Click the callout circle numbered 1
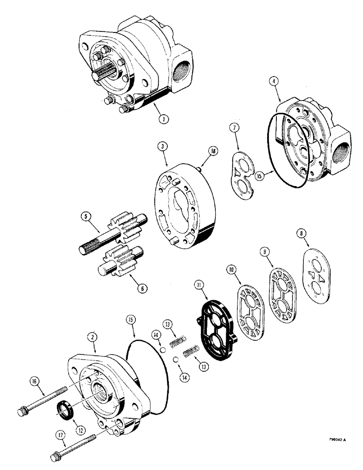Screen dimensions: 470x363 163,119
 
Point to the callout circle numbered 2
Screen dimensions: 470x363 95,336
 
